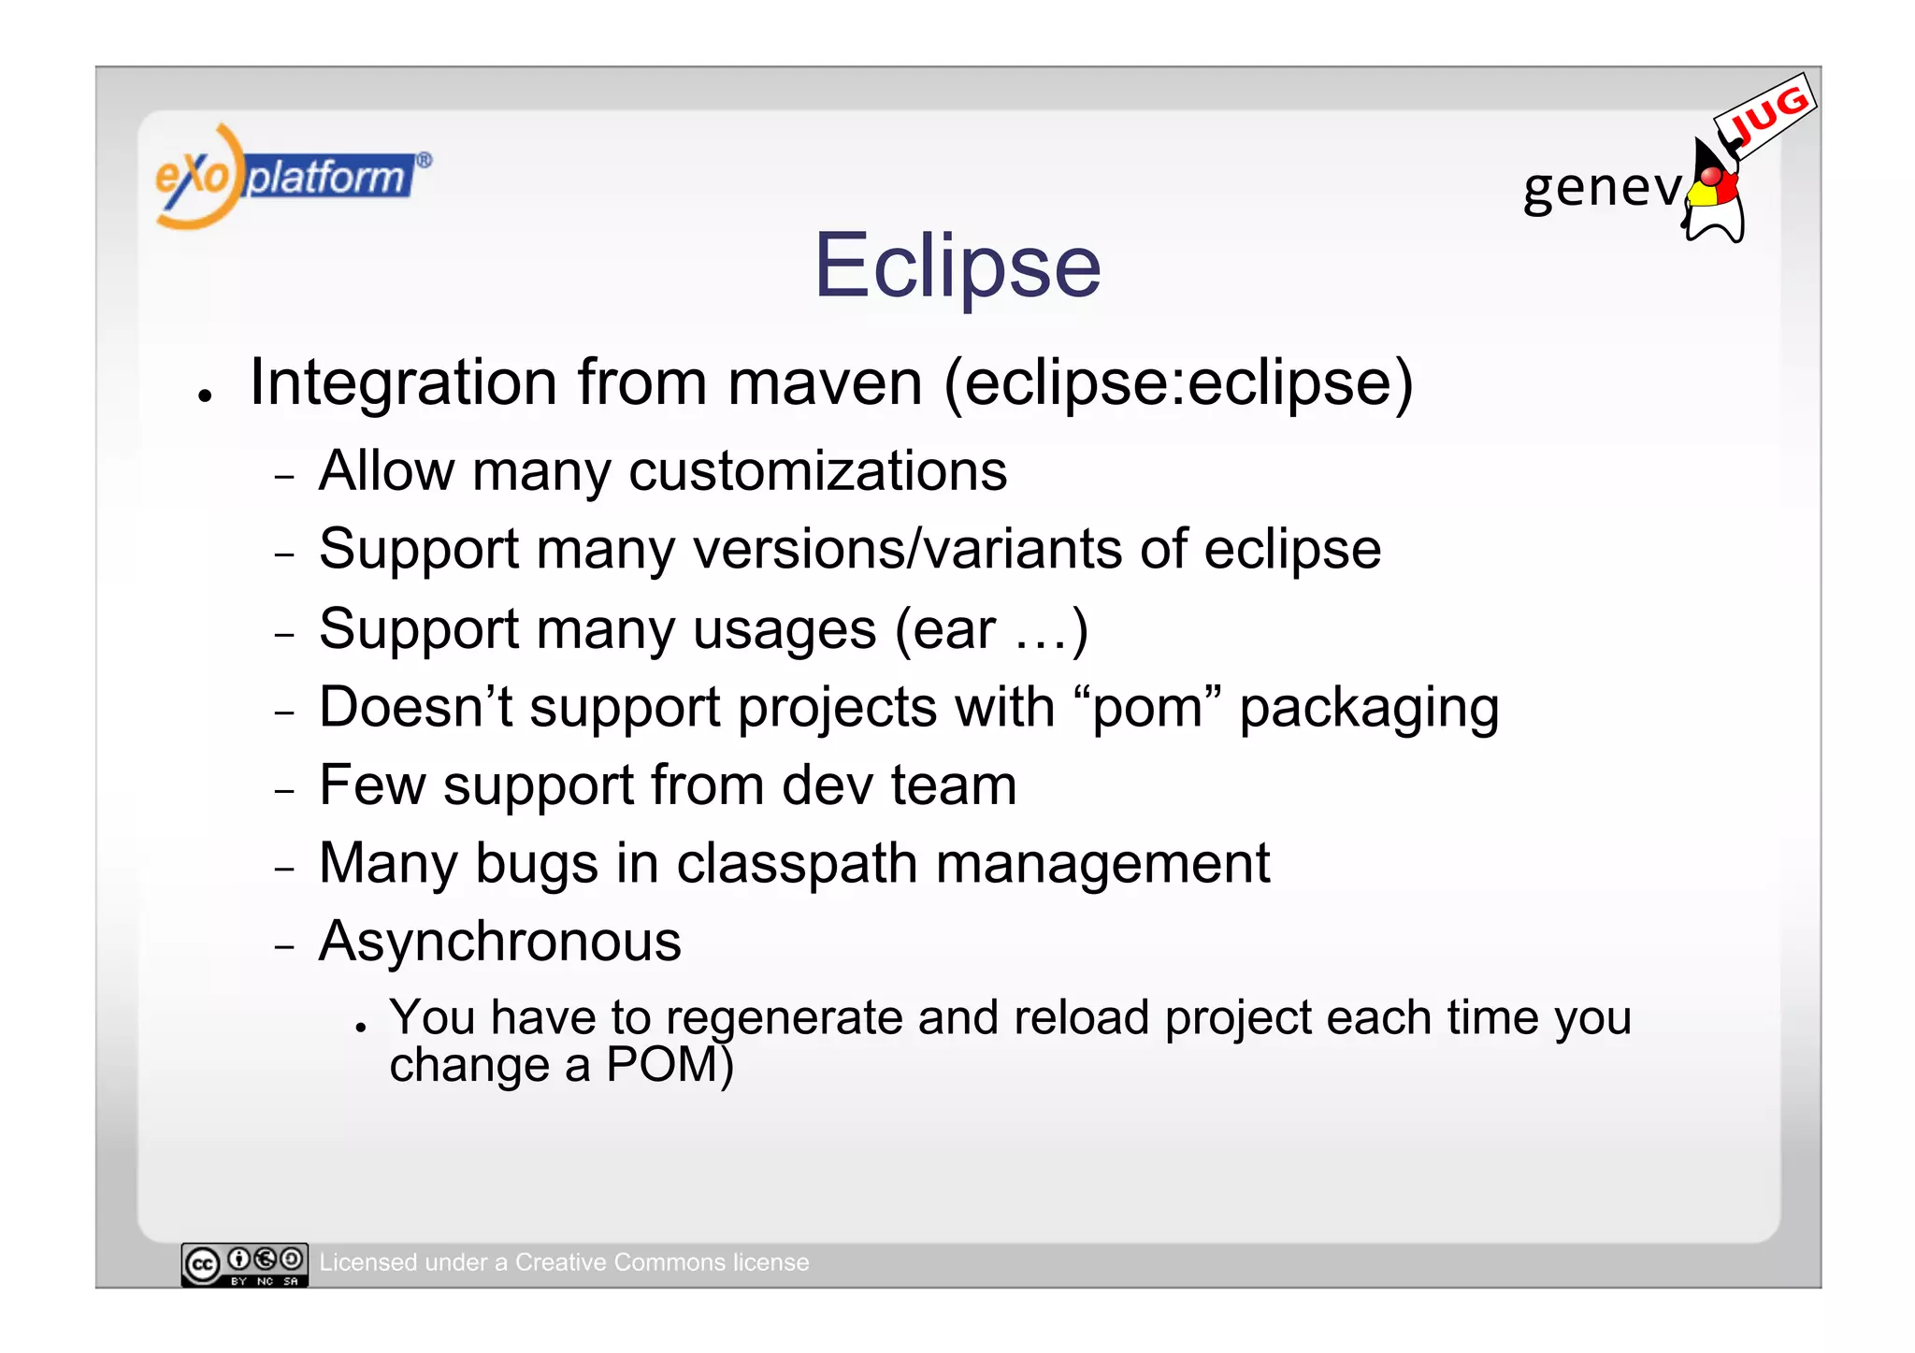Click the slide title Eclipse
[957, 266]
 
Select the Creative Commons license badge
[244, 1265]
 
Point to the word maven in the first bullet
[825, 382]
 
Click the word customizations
[818, 470]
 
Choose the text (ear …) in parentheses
[991, 628]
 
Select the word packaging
[1369, 708]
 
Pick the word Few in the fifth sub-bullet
[372, 784]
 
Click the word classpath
[797, 863]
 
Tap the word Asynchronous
[500, 942]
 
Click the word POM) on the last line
[670, 1065]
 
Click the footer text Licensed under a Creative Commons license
[564, 1262]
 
